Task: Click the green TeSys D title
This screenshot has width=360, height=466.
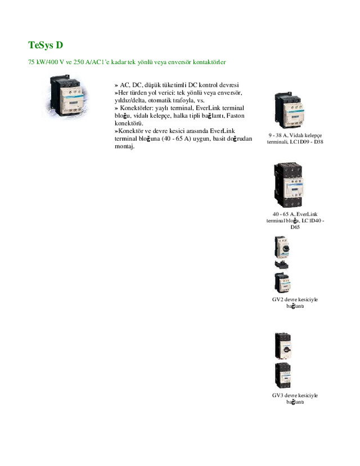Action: (46, 45)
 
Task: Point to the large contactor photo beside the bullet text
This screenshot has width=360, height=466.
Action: (66, 96)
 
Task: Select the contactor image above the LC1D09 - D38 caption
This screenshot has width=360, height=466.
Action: (289, 110)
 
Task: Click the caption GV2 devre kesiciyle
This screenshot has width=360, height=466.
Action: (295, 299)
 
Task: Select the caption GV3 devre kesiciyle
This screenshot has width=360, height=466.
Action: (295, 395)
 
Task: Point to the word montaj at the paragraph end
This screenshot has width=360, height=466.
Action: (124, 146)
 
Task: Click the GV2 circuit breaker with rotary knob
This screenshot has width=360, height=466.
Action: (282, 247)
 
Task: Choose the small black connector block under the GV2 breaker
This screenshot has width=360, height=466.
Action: (282, 265)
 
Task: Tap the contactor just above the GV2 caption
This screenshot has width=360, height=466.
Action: (282, 283)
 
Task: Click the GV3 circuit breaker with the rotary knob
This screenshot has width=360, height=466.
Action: (283, 346)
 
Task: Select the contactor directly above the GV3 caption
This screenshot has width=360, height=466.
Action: (283, 375)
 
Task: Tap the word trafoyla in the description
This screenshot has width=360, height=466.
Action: (183, 100)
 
